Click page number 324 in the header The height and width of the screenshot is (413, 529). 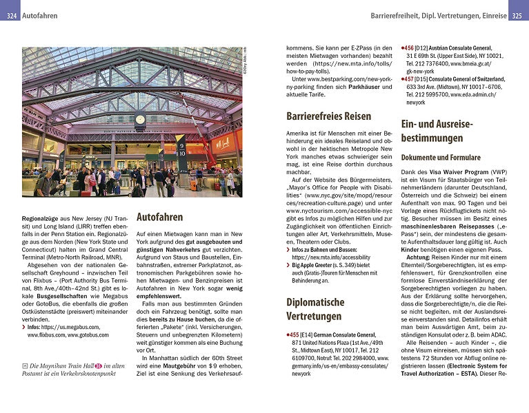coord(10,14)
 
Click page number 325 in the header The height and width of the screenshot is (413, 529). coord(519,14)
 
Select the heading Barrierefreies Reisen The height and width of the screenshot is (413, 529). coord(328,116)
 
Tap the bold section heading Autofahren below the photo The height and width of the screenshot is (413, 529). coord(159,217)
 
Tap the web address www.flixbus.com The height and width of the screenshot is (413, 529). coord(46,335)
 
